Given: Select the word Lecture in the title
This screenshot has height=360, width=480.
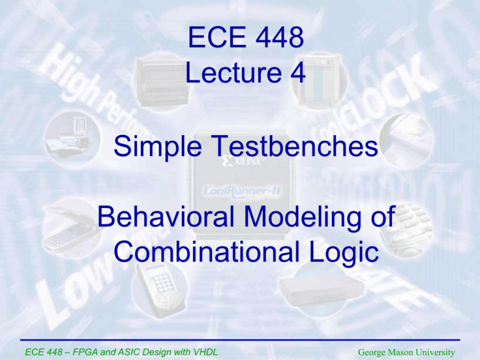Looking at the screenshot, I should coord(229,73).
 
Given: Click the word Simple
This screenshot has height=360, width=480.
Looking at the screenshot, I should coord(156,148).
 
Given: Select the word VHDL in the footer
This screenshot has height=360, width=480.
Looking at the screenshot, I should coord(202,352).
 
